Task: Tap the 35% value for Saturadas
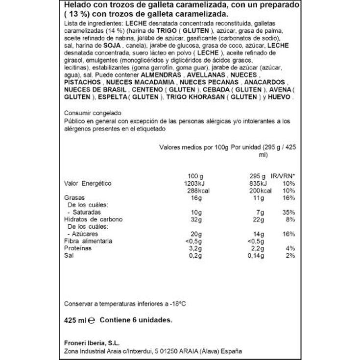(x=288, y=213)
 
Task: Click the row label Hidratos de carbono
(x=93, y=219)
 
